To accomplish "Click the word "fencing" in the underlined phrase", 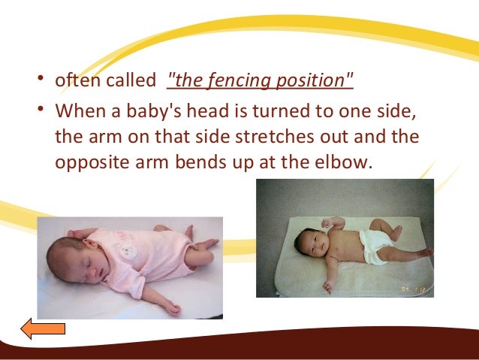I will point(242,80).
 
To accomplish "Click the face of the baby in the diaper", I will point(309,244).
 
